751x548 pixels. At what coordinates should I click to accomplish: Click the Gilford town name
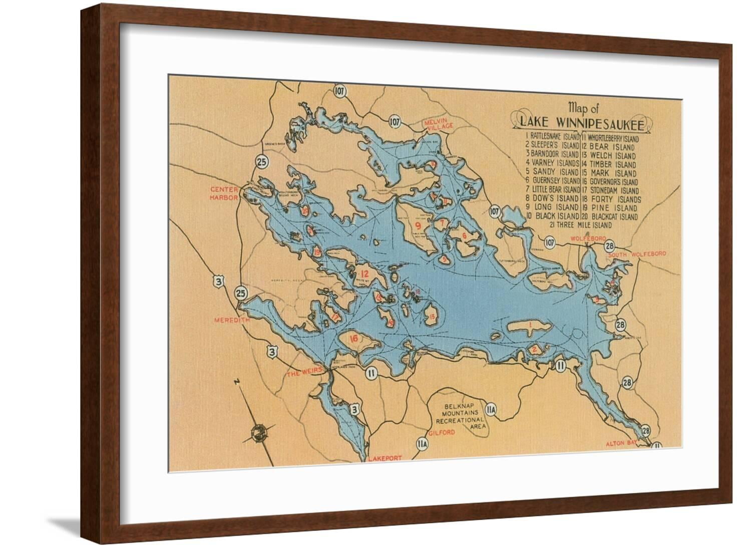click(x=442, y=432)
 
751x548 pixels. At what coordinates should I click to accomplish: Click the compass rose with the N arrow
click(x=259, y=432)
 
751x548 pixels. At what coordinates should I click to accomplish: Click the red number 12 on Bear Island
click(x=364, y=274)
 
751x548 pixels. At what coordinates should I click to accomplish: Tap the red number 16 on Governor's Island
click(x=353, y=339)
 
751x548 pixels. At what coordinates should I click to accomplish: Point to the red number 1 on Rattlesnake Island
click(x=529, y=326)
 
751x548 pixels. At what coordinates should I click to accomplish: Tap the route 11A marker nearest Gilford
click(x=422, y=444)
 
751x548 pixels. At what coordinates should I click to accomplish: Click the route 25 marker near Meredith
click(x=241, y=293)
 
